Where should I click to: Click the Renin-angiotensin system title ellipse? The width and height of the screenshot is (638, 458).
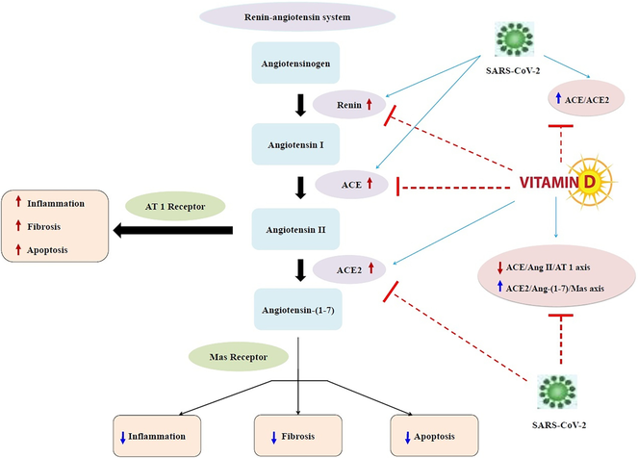(x=297, y=17)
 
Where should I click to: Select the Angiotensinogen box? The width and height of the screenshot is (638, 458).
(x=295, y=64)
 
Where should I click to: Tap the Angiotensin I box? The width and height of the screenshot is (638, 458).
(x=295, y=144)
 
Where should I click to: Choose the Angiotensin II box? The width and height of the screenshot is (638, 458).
(x=295, y=229)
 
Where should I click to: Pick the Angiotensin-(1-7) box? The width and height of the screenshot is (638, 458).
(x=298, y=310)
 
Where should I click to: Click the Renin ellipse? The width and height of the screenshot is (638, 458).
(x=349, y=105)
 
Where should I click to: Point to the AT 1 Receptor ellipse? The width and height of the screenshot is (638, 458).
(x=175, y=206)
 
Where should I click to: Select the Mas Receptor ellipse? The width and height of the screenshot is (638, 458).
(x=239, y=357)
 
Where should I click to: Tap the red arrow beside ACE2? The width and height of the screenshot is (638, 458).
(x=371, y=267)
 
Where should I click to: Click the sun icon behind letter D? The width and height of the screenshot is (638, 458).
(x=590, y=180)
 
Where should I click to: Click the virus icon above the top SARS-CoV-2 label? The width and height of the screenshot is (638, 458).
(x=514, y=39)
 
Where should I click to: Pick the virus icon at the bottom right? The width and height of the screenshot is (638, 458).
(x=557, y=392)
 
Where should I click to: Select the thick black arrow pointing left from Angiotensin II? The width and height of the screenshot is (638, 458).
(x=173, y=230)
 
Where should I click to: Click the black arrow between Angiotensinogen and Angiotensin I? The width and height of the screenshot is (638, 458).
(x=300, y=105)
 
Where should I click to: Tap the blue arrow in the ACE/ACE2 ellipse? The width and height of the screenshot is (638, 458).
(x=558, y=97)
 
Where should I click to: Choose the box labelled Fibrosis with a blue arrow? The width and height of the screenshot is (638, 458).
(x=298, y=436)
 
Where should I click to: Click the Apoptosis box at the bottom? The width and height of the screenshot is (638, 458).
(x=434, y=436)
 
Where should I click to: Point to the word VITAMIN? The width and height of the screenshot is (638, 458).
(x=549, y=183)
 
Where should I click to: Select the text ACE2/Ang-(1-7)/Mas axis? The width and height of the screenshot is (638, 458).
(x=555, y=289)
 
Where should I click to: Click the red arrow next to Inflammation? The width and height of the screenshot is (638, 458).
(x=18, y=201)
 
